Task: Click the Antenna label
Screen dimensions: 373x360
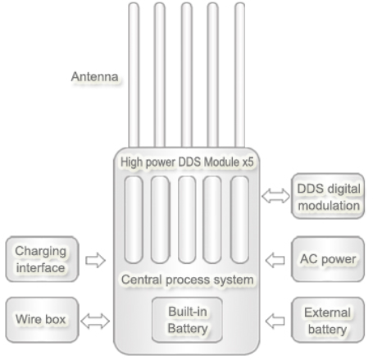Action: pyautogui.click(x=94, y=77)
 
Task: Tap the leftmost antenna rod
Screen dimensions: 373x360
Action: pyautogui.click(x=134, y=75)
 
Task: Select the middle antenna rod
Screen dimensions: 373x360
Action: pyautogui.click(x=187, y=75)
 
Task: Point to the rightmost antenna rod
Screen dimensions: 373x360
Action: pyautogui.click(x=239, y=75)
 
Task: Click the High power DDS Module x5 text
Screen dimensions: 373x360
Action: pyautogui.click(x=187, y=162)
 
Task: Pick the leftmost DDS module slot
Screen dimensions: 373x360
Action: pyautogui.click(x=134, y=220)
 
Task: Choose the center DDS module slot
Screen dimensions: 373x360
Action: pyautogui.click(x=187, y=220)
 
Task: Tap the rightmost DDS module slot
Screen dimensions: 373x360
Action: pyautogui.click(x=239, y=220)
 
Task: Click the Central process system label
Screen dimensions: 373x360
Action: pyautogui.click(x=188, y=280)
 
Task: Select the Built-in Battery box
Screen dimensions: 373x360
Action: pyautogui.click(x=187, y=320)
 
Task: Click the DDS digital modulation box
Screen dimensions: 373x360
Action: pyautogui.click(x=328, y=196)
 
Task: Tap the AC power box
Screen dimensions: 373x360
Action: pyautogui.click(x=328, y=259)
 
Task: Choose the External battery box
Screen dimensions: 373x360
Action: pyautogui.click(x=328, y=320)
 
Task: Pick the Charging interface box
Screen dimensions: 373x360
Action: pyautogui.click(x=42, y=259)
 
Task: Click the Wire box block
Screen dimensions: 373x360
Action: pyautogui.click(x=42, y=320)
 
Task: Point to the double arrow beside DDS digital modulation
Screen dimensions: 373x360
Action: pyautogui.click(x=275, y=196)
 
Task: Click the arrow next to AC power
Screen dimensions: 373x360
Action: pyautogui.click(x=275, y=260)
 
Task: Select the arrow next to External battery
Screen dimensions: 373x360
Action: pyautogui.click(x=275, y=321)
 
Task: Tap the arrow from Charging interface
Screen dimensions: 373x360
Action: pyautogui.click(x=95, y=260)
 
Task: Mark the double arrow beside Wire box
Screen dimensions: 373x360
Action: pyautogui.click(x=95, y=321)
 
